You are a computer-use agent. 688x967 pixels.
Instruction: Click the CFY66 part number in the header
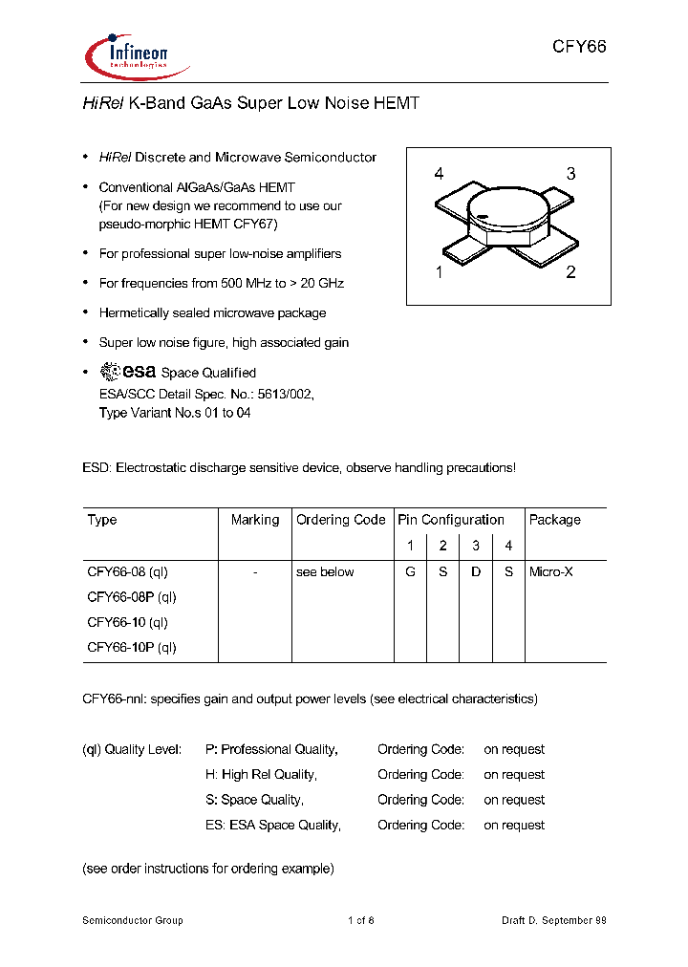tap(579, 48)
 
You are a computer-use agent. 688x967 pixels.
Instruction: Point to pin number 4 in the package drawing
tap(439, 174)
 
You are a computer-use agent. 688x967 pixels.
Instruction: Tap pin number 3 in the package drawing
tap(570, 174)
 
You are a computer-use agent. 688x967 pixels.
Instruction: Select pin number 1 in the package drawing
tap(439, 272)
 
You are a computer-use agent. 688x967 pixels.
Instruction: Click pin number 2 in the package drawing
tap(570, 272)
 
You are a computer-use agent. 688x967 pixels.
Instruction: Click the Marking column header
tap(255, 520)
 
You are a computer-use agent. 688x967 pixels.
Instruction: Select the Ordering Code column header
tap(340, 520)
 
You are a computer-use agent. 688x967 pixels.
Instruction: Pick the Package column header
tap(554, 520)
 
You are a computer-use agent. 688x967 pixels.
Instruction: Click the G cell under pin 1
tap(410, 571)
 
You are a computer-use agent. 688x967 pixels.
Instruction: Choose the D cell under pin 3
tap(476, 571)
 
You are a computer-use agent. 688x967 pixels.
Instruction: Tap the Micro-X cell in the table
tap(551, 571)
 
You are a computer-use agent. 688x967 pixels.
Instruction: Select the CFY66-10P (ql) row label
tap(132, 647)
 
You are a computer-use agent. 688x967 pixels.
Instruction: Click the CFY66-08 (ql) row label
tap(127, 571)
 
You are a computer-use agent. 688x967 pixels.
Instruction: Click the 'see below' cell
tap(325, 571)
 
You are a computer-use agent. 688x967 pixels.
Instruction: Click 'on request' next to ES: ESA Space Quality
tap(514, 825)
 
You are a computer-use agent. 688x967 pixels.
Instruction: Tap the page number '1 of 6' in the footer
tap(360, 920)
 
